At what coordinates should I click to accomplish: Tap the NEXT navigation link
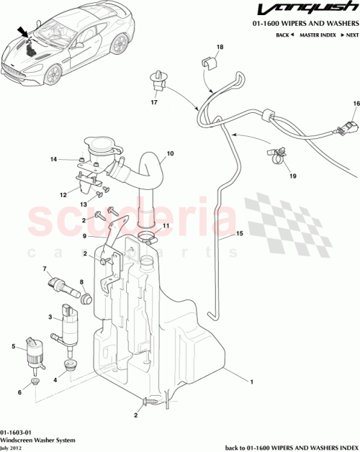tap(350, 35)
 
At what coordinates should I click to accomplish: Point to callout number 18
tap(220, 47)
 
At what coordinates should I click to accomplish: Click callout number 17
tap(153, 103)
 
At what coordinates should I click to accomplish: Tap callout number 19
tap(292, 175)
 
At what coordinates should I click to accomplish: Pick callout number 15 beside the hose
tap(240, 234)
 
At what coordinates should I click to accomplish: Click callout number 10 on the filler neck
tap(171, 153)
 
